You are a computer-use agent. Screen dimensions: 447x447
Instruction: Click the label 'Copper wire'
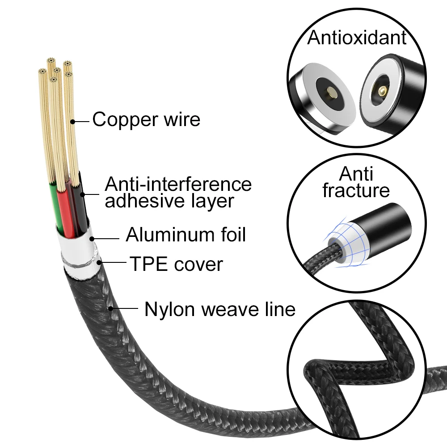point(146,120)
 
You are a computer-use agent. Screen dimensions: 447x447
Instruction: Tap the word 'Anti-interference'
point(178,184)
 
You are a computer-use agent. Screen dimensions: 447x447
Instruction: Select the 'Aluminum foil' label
point(186,234)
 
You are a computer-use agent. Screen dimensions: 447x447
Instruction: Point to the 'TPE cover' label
point(176,264)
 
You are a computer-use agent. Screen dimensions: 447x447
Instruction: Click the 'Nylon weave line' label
point(219,309)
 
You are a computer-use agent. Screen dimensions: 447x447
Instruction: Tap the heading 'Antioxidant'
point(357,38)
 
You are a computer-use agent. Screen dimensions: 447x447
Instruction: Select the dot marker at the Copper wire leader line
point(73,121)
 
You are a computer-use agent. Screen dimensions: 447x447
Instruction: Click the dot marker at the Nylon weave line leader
point(110,308)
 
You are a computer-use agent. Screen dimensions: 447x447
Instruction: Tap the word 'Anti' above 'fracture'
point(356,173)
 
